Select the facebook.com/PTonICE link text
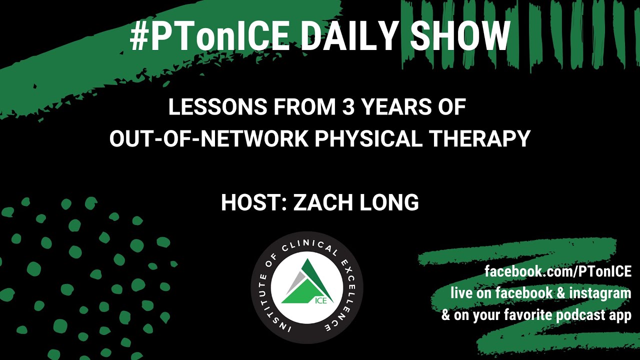point(558,271)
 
